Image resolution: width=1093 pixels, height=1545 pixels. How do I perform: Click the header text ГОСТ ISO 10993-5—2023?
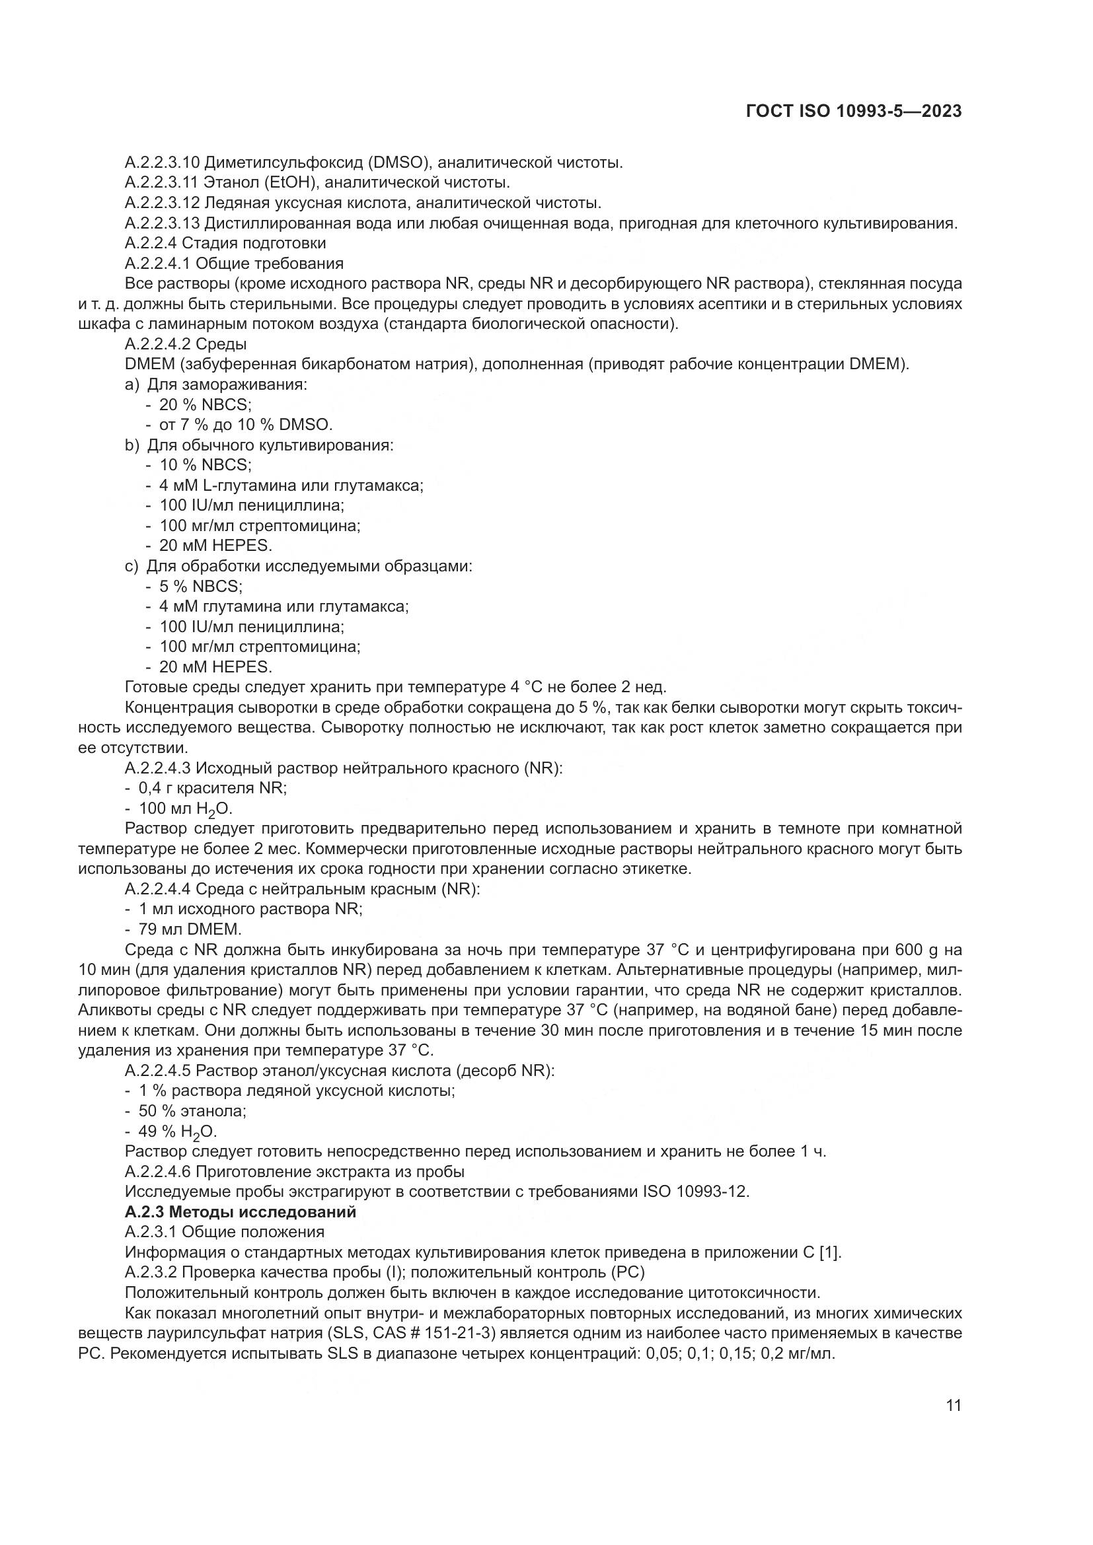tap(853, 112)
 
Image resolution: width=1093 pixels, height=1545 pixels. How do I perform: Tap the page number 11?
tap(953, 1406)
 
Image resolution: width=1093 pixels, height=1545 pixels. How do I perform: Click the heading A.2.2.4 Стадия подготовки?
tap(225, 243)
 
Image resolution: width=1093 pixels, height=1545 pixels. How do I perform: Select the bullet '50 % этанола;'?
tap(192, 1111)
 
